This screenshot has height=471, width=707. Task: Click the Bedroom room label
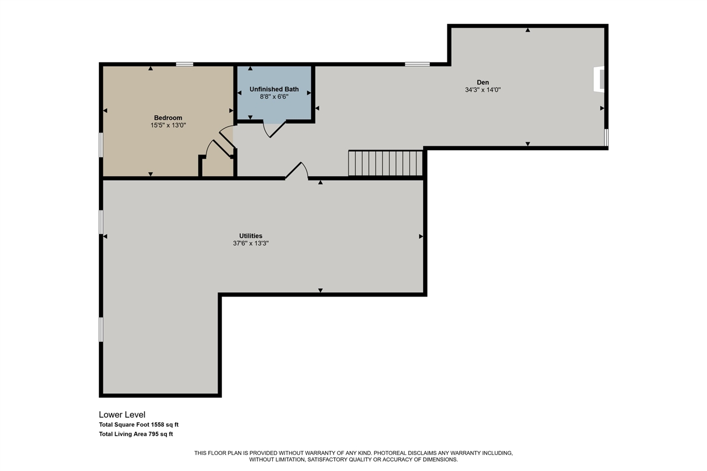168,118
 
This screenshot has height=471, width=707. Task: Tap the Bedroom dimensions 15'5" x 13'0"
168,125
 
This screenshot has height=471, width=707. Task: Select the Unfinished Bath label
274,89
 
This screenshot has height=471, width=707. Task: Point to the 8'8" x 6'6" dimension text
274,97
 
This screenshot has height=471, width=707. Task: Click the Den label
483,82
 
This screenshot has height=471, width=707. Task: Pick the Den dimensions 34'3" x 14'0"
483,89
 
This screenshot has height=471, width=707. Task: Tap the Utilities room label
251,236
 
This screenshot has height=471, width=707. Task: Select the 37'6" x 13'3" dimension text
251,243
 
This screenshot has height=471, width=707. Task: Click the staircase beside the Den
386,163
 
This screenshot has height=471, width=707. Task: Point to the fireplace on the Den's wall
599,79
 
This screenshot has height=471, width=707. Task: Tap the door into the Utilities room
297,171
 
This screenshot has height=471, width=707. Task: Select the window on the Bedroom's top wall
184,64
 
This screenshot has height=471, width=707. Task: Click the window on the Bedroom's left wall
101,145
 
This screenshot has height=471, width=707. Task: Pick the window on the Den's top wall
417,64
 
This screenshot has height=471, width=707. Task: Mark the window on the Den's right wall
606,137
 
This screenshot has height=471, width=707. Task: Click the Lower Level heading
122,415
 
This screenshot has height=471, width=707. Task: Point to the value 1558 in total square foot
158,425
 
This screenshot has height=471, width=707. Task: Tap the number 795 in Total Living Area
154,434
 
